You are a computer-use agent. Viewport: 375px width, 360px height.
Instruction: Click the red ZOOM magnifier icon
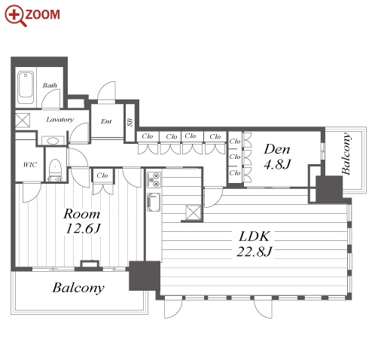point(16,16)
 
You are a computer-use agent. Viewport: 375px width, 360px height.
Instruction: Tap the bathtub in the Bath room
point(26,87)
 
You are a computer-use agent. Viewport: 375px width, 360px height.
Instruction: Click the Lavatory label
point(59,120)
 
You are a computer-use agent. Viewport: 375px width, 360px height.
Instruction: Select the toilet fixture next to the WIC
point(55,169)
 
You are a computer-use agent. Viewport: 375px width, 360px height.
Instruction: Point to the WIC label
point(30,165)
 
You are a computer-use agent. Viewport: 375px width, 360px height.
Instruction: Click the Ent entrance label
point(106,121)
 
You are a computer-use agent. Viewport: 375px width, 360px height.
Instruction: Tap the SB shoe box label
point(130,122)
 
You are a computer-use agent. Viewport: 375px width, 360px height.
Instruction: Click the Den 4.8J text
point(277,157)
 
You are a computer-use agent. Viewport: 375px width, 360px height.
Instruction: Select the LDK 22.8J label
point(254,244)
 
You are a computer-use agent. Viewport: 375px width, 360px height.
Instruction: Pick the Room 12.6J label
point(82,221)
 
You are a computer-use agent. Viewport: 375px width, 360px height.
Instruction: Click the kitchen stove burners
point(154,179)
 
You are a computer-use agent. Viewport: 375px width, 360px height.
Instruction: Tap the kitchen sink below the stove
point(154,202)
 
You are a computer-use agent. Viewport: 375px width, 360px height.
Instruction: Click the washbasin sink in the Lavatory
point(53,140)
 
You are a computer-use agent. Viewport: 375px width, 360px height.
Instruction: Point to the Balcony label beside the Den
point(346,154)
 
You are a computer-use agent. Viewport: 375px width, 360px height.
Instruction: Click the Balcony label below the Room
point(78,288)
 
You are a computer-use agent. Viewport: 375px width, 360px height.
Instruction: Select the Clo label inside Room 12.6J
point(102,175)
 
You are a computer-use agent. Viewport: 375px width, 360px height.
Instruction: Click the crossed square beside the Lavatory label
point(23,121)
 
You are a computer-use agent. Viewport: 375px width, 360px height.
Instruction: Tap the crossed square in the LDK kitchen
point(194,213)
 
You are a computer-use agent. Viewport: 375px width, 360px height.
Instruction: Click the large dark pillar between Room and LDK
point(145,276)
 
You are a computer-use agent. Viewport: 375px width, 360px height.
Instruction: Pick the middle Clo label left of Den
point(235,157)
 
